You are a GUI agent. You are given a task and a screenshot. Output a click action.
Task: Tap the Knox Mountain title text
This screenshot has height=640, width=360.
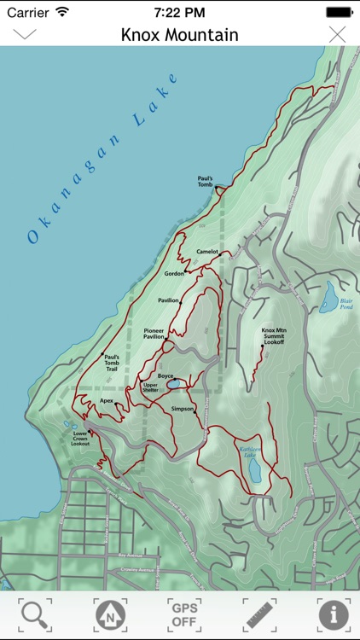point(179,35)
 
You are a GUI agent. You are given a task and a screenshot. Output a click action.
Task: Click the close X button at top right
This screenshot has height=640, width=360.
point(338,34)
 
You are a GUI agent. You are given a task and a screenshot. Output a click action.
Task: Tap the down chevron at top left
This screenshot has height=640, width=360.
point(25,34)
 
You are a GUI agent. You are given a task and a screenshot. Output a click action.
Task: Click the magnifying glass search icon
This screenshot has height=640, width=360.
point(35,614)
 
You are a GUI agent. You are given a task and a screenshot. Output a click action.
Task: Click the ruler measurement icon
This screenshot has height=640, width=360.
point(259,614)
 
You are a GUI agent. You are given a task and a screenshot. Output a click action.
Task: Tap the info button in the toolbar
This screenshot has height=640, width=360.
point(334,614)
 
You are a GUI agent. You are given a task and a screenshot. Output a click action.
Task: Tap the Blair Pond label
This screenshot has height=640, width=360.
point(345,303)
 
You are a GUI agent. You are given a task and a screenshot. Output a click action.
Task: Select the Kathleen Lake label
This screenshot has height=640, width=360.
point(249,452)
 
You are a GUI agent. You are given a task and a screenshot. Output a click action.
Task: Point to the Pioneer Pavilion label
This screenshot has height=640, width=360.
point(154,334)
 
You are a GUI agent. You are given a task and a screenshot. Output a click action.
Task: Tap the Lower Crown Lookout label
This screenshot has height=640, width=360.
point(81,438)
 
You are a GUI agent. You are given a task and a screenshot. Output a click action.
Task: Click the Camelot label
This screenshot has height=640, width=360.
point(207,252)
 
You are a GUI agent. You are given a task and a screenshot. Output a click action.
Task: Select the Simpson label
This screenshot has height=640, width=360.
point(183,409)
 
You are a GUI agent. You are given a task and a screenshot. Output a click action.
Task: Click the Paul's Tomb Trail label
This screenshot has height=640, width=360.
point(116,364)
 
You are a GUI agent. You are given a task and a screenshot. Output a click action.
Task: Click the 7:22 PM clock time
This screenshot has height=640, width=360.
point(179,12)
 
